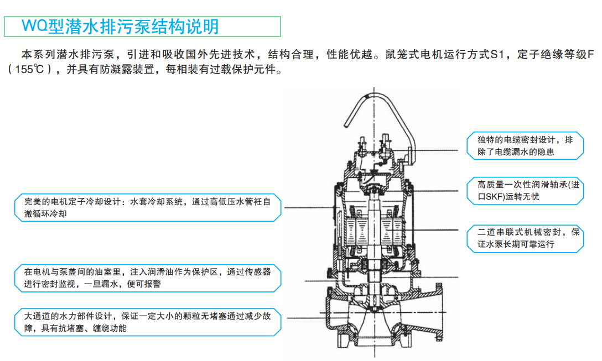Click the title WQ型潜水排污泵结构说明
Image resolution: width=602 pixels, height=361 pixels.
pos(120,26)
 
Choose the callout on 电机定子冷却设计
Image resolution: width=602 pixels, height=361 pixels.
pos(147,208)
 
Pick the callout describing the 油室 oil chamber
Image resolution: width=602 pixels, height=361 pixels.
pos(147,278)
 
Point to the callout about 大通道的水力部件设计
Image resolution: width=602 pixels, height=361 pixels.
pos(147,323)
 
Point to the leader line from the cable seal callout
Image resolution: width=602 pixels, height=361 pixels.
pos(437,150)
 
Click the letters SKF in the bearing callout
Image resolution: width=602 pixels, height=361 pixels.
pos(495,196)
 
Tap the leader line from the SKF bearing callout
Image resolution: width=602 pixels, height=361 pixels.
pos(437,191)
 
